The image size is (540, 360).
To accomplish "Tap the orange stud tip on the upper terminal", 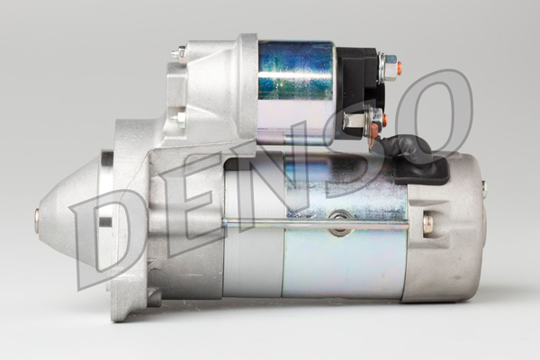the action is pos(399,67).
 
